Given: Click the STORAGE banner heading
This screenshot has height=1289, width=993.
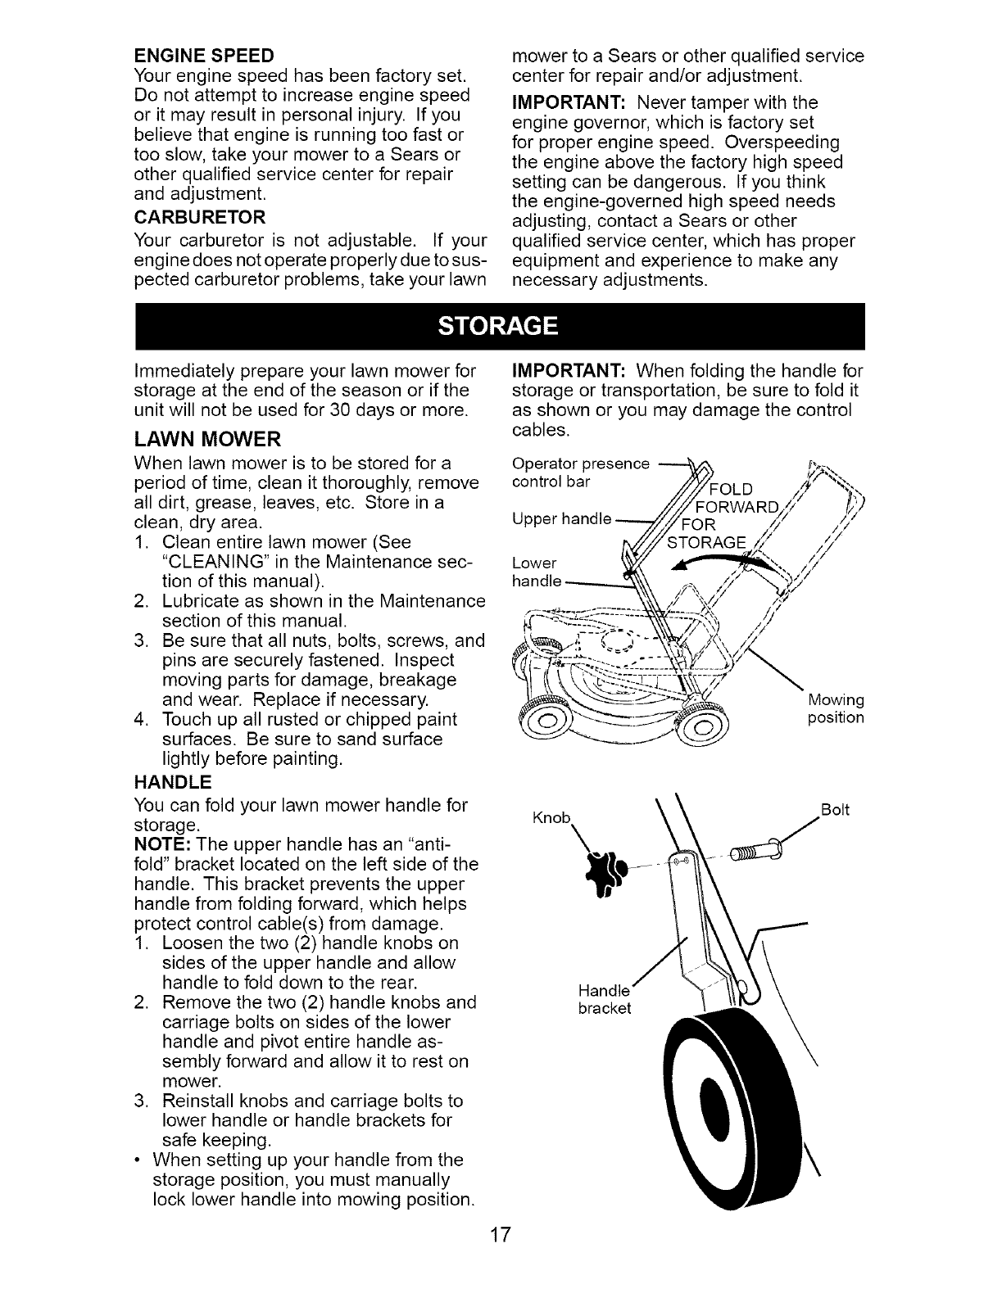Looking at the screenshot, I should click(497, 327).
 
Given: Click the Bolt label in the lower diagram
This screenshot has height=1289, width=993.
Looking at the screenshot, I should click(835, 811).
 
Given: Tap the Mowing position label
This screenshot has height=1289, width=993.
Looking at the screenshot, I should click(835, 708).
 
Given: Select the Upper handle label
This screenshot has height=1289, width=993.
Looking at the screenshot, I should click(562, 518).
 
